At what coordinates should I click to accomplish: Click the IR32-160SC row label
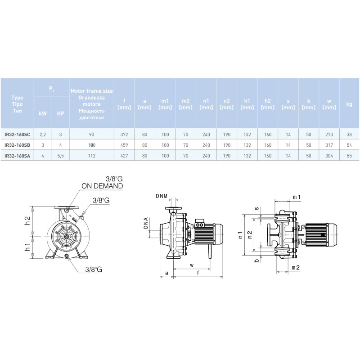(x=17, y=134)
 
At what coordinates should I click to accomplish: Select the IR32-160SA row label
(x=17, y=156)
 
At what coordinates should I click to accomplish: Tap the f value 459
(x=124, y=145)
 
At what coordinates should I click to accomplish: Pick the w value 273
(x=329, y=134)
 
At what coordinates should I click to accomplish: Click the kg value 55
(x=349, y=156)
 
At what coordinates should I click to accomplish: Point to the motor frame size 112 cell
(x=92, y=156)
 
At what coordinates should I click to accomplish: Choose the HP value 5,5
(x=60, y=156)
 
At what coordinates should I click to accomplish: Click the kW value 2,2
(x=43, y=134)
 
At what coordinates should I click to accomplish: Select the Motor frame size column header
(x=92, y=104)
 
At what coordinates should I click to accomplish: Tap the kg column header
(x=349, y=104)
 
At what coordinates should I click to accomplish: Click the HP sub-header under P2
(x=60, y=113)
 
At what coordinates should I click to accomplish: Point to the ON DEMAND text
(x=102, y=186)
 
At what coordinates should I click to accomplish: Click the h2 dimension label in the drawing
(x=27, y=220)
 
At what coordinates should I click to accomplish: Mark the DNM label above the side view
(x=162, y=196)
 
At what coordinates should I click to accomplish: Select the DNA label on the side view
(x=146, y=223)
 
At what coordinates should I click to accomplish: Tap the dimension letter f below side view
(x=198, y=273)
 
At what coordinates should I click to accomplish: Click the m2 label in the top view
(x=296, y=267)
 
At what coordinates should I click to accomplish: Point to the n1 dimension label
(x=240, y=235)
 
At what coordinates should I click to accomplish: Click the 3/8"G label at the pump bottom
(x=94, y=269)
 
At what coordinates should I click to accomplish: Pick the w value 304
(x=329, y=156)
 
